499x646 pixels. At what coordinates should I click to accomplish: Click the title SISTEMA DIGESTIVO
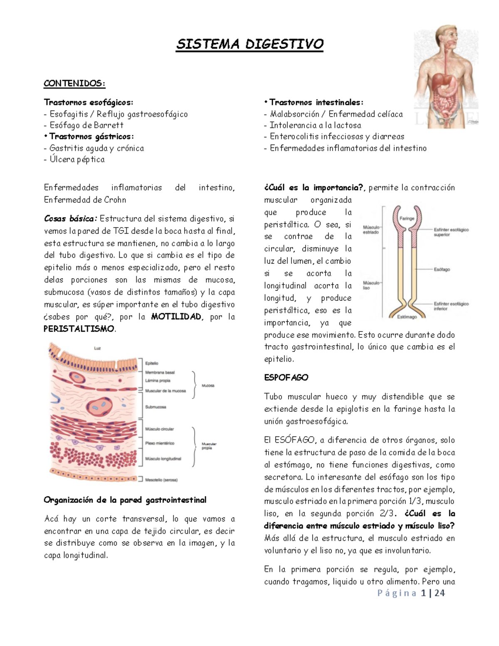tap(249, 45)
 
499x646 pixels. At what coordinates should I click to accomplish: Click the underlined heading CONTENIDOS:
tap(74, 84)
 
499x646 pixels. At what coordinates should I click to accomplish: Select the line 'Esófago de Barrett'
tap(86, 125)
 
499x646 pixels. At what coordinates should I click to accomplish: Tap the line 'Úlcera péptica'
tap(77, 159)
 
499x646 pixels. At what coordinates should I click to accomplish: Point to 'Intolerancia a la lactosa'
tap(315, 125)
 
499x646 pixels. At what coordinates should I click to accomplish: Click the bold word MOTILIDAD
tap(176, 317)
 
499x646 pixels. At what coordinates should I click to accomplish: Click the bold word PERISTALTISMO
tap(79, 329)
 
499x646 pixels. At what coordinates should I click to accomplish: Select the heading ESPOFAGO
tap(286, 378)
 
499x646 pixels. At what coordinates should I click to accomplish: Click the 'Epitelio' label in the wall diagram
tap(152, 363)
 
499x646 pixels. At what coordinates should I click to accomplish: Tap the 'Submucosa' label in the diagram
tap(156, 407)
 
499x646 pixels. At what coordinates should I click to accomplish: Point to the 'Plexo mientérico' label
tap(160, 443)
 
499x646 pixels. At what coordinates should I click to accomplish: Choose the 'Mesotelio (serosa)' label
tap(161, 480)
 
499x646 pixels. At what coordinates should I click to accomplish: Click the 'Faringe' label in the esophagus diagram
tap(407, 218)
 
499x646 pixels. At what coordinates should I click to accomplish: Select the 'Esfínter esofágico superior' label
tap(451, 232)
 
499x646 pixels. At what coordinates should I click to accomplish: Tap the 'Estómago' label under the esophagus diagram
tap(407, 317)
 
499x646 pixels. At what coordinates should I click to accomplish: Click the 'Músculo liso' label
tap(371, 285)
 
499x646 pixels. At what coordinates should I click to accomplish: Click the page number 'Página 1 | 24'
tap(411, 593)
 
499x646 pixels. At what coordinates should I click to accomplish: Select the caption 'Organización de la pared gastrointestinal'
tap(125, 500)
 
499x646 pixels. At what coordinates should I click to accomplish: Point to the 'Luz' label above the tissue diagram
tap(97, 348)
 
